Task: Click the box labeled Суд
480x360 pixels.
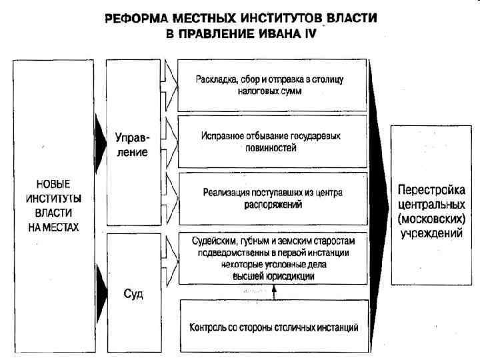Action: pyautogui.click(x=132, y=293)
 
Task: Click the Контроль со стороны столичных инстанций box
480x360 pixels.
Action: pyautogui.click(x=273, y=327)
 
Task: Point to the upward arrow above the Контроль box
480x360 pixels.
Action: pyautogui.click(x=273, y=292)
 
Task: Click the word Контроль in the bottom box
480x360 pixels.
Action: pyautogui.click(x=209, y=327)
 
